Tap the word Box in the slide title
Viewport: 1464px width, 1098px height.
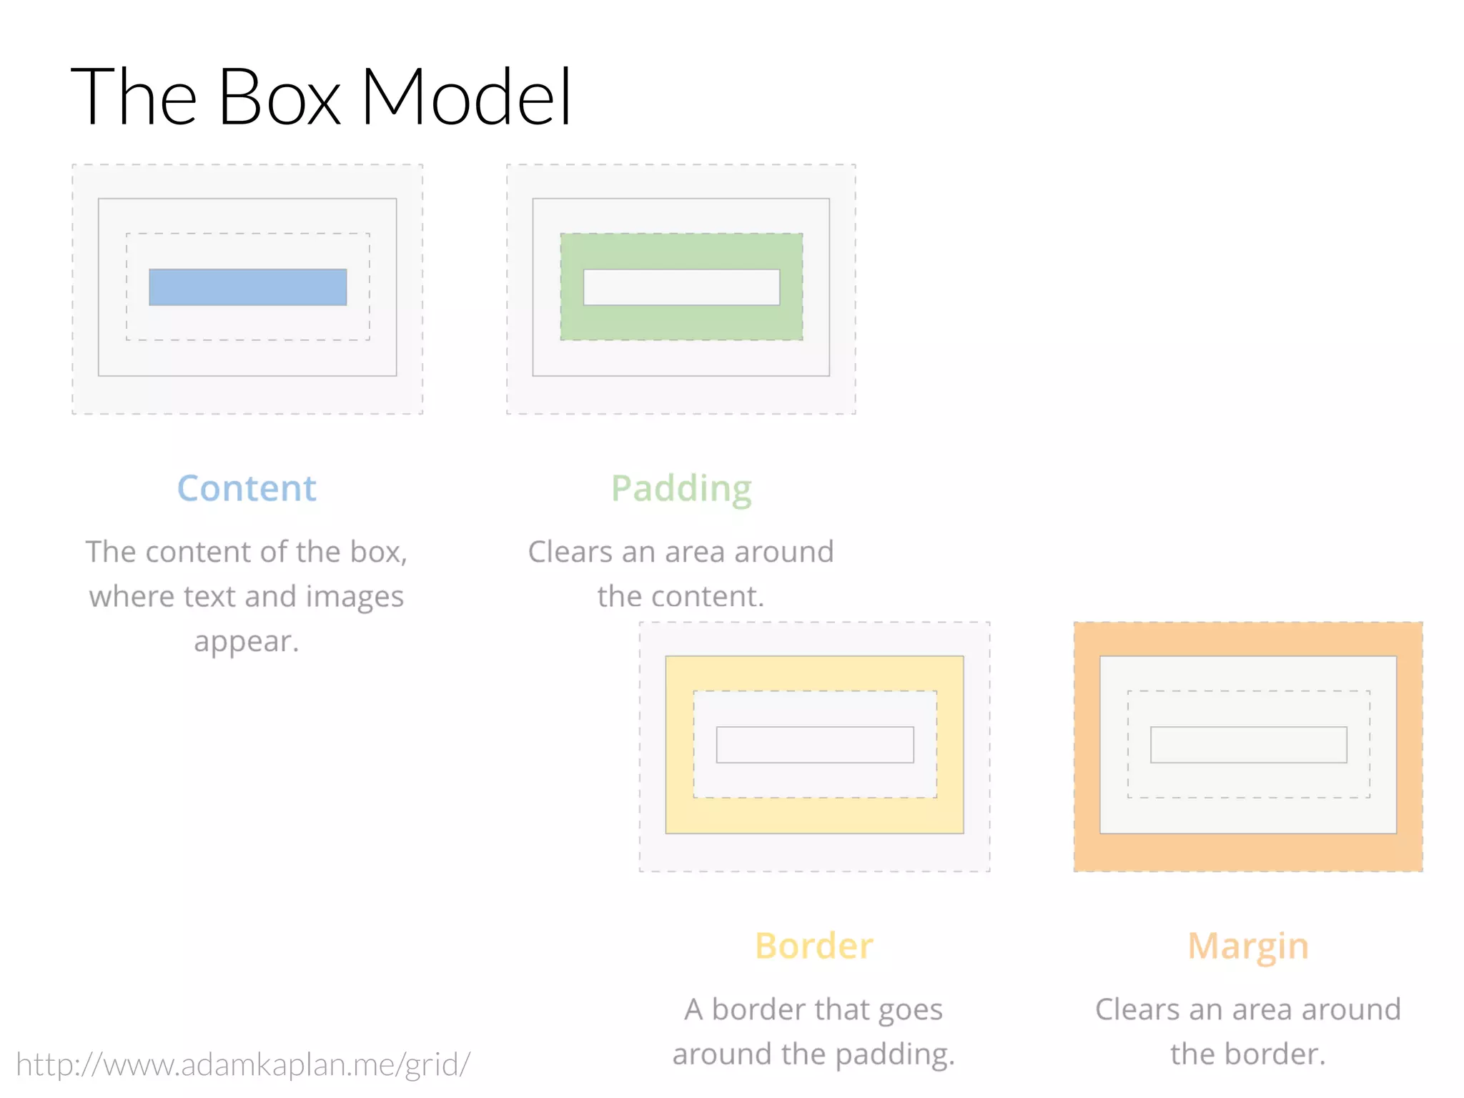(x=279, y=97)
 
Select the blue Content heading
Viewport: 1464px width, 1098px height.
(x=247, y=489)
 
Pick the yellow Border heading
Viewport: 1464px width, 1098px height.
(x=814, y=946)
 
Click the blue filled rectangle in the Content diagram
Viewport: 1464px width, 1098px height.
(x=247, y=287)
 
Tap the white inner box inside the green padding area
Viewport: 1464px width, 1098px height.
(x=681, y=287)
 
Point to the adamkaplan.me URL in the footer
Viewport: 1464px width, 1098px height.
(x=243, y=1064)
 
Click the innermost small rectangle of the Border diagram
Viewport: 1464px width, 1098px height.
(x=815, y=745)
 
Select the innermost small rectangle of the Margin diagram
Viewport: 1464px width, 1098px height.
(x=1248, y=745)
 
